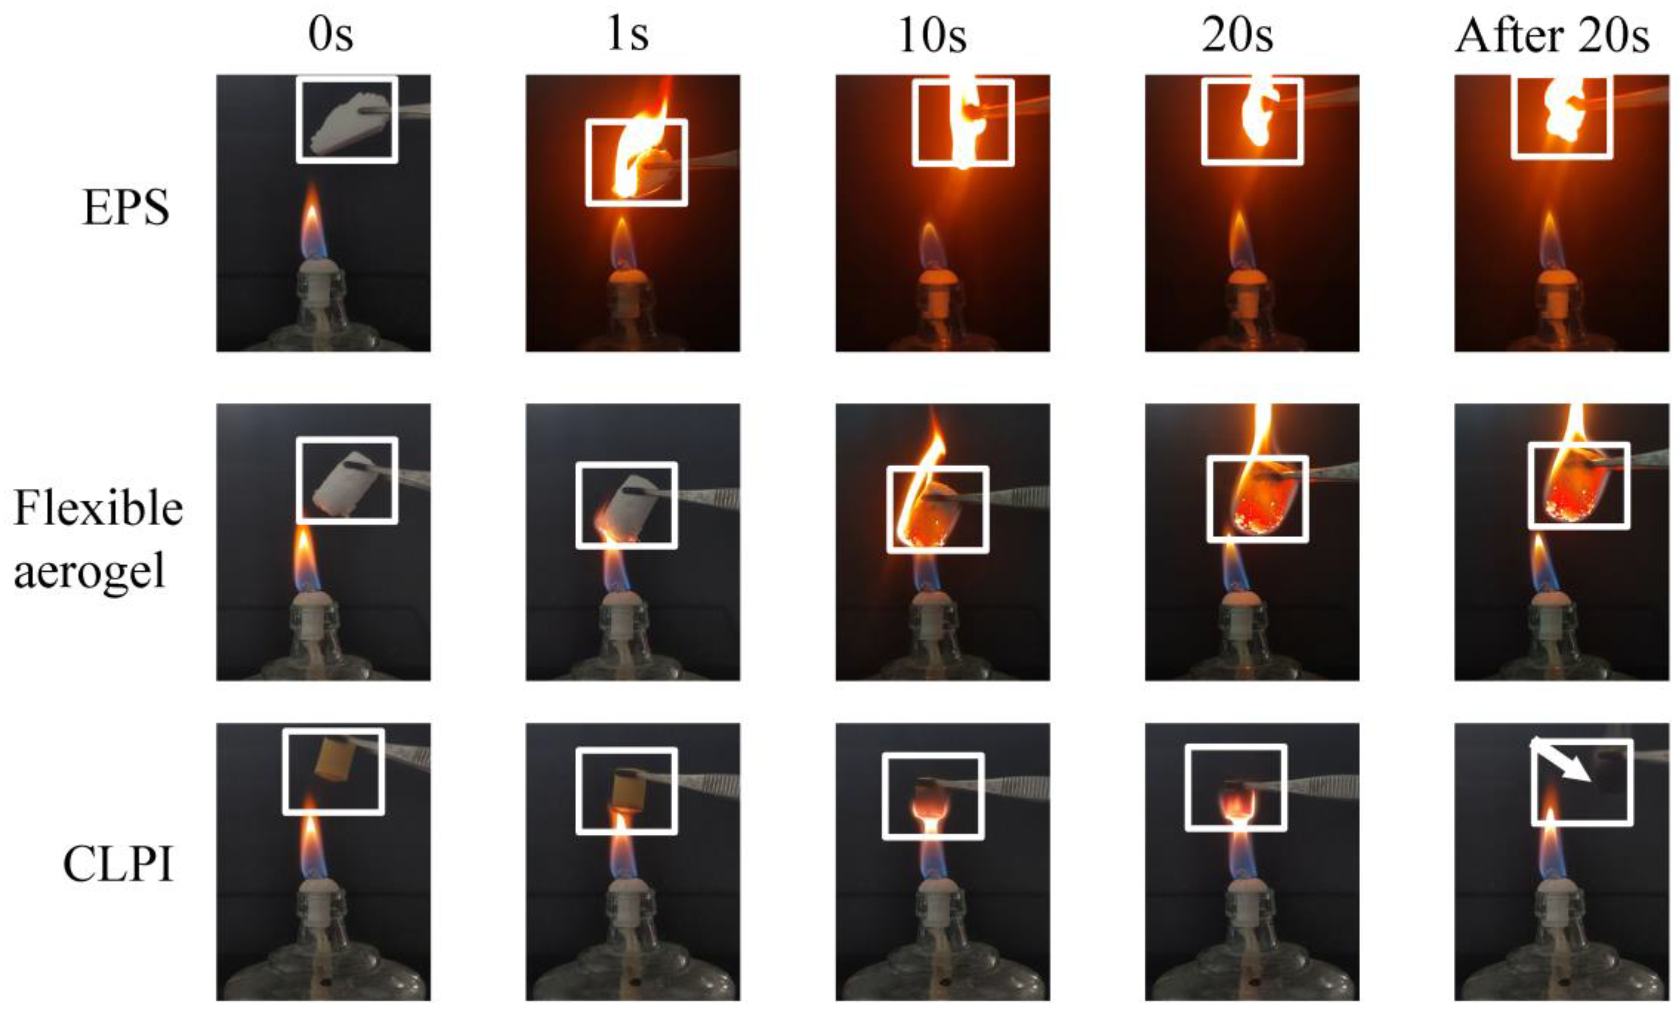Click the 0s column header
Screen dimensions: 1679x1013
(x=331, y=35)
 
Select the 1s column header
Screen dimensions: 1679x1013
(x=627, y=35)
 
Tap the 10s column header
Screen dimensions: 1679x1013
(x=932, y=35)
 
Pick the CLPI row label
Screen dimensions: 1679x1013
(x=118, y=865)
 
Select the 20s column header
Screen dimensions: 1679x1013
(x=1237, y=35)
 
